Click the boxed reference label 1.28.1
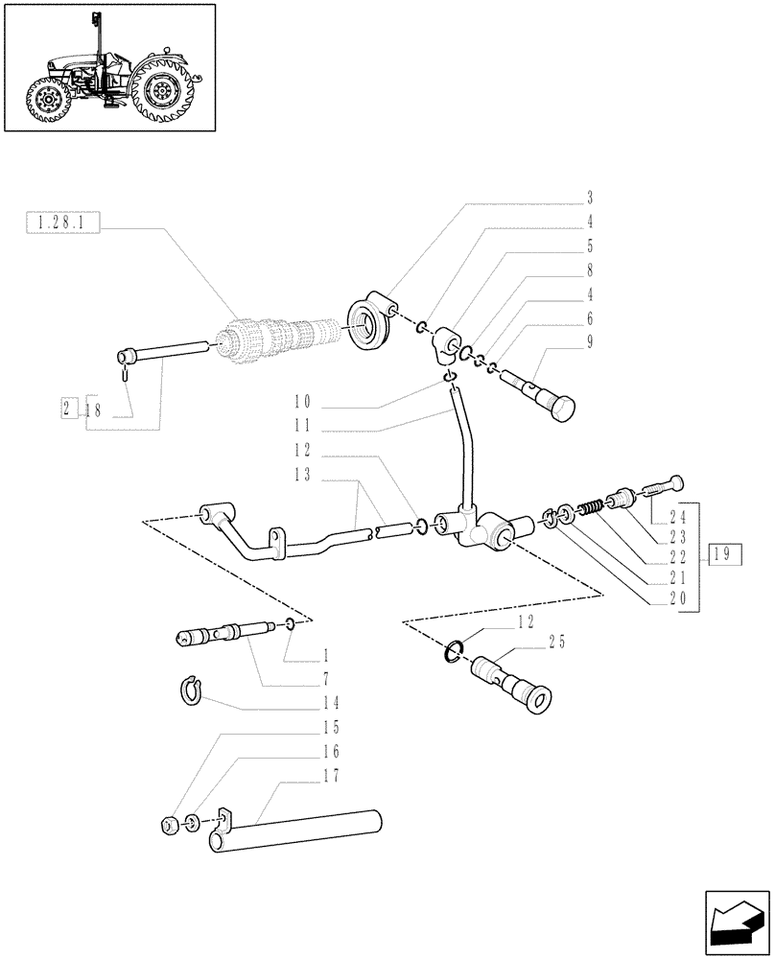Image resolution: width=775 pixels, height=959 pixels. pyautogui.click(x=59, y=223)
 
